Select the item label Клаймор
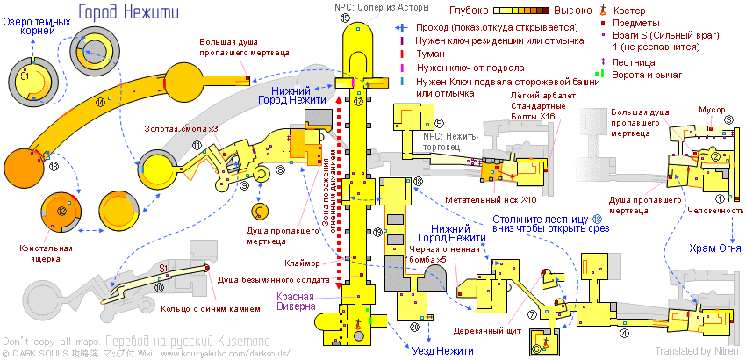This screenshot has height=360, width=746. [303, 263]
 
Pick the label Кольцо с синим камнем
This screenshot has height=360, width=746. [212, 308]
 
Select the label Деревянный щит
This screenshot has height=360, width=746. [479, 331]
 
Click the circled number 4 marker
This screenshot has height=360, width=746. [625, 333]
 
